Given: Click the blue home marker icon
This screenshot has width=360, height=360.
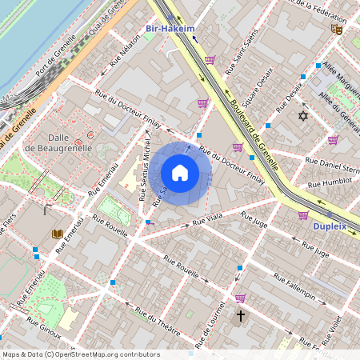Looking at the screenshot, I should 180,173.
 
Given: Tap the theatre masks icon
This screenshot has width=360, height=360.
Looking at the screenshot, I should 337,29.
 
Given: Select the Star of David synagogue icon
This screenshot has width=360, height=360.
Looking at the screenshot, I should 302,117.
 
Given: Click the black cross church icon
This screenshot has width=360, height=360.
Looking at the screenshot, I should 240,316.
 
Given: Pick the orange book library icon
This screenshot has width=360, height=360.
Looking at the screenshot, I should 57,234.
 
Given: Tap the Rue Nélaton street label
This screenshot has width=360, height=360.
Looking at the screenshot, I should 114,61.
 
